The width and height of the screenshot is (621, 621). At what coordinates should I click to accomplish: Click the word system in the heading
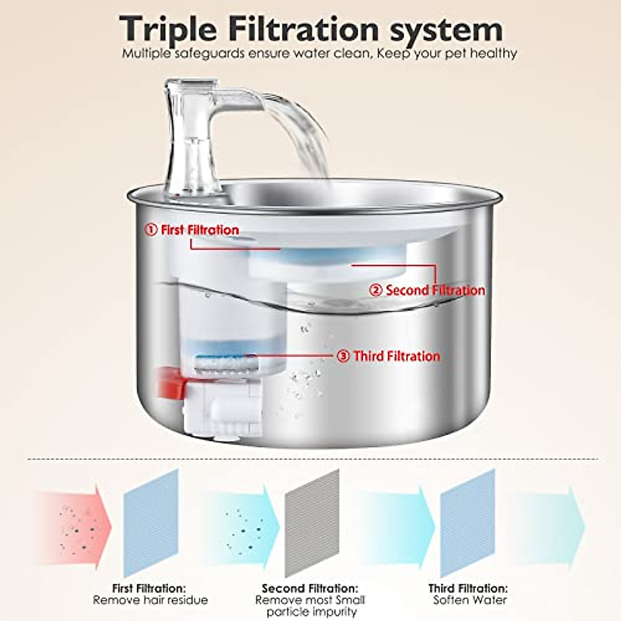pyautogui.click(x=446, y=29)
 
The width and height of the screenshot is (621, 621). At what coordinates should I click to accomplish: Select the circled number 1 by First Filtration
pyautogui.click(x=151, y=230)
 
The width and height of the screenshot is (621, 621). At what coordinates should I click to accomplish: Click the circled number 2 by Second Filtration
pyautogui.click(x=376, y=290)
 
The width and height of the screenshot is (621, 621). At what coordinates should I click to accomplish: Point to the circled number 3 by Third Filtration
pyautogui.click(x=343, y=356)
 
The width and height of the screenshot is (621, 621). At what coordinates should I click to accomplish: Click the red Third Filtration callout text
pyautogui.click(x=396, y=356)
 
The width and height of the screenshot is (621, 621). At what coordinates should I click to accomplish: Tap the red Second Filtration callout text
pyautogui.click(x=435, y=290)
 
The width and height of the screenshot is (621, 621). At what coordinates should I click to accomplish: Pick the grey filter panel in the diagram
pyautogui.click(x=312, y=523)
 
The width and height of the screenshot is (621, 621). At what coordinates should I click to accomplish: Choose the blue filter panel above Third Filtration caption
pyautogui.click(x=467, y=523)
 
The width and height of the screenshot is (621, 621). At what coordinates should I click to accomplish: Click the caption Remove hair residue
pyautogui.click(x=150, y=600)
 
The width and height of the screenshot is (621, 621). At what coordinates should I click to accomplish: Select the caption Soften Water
pyautogui.click(x=469, y=600)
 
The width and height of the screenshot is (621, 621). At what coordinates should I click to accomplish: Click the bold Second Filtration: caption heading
pyautogui.click(x=309, y=588)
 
